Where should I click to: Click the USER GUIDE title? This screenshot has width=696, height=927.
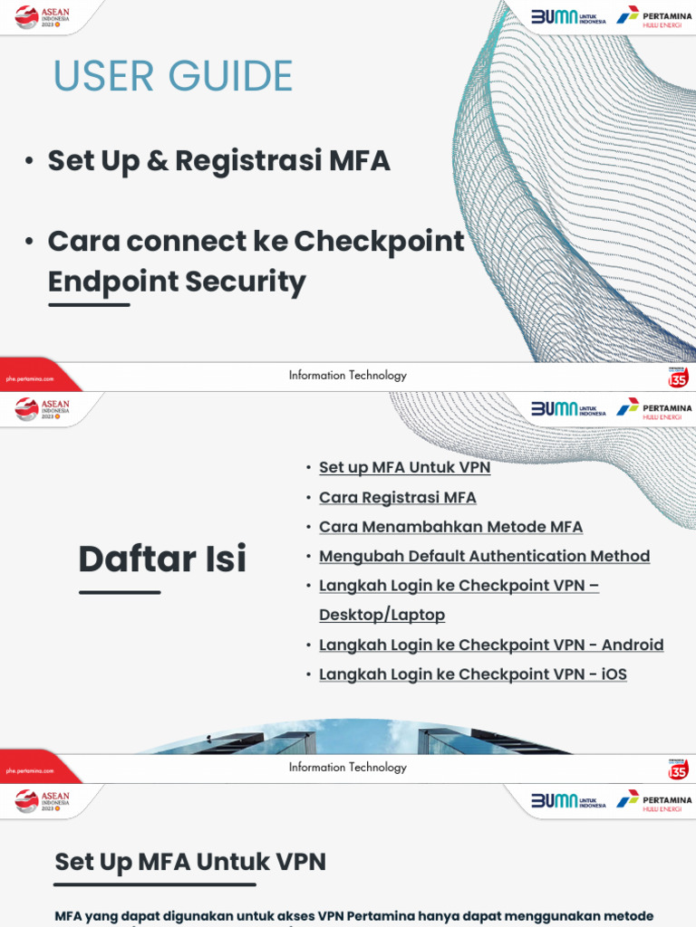click(172, 76)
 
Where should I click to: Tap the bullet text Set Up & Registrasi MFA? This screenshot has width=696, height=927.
click(218, 161)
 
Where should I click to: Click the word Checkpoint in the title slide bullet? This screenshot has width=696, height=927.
click(379, 242)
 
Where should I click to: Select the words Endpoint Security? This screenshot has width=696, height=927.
click(177, 282)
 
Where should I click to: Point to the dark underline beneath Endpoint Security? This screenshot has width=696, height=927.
click(89, 304)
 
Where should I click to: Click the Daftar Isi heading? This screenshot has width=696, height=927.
click(162, 559)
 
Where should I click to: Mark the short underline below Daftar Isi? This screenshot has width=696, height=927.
click(120, 592)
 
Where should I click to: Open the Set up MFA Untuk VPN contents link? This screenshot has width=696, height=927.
click(404, 468)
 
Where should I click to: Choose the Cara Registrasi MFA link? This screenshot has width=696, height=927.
click(397, 497)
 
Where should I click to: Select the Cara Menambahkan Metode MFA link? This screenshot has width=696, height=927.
click(450, 527)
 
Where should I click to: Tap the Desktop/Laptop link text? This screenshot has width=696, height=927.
click(382, 615)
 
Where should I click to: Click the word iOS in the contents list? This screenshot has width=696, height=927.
click(614, 674)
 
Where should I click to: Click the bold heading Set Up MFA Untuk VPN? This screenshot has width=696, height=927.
click(190, 862)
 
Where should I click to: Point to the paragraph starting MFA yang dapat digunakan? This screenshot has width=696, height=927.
click(353, 916)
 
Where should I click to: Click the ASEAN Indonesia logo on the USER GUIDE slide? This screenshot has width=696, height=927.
click(42, 17)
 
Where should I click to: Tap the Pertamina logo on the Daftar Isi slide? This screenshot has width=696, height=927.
click(654, 408)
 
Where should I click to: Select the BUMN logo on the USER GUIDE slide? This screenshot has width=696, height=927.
click(568, 16)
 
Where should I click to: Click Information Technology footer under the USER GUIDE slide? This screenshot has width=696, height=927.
click(348, 376)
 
